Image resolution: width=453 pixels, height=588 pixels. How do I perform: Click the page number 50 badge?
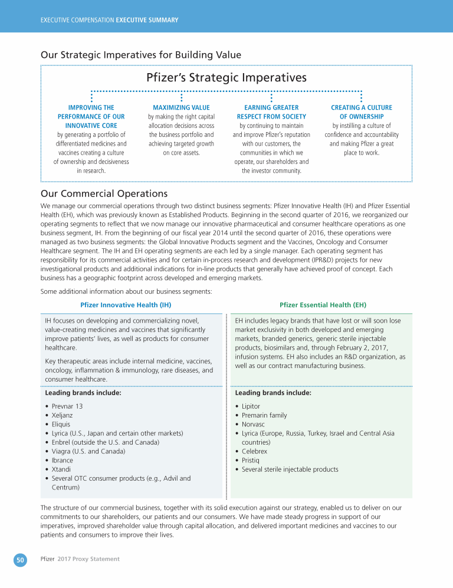[21, 559]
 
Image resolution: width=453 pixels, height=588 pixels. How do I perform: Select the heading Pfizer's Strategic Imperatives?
[226, 78]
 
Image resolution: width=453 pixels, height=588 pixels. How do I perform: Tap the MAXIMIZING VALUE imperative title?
[181, 108]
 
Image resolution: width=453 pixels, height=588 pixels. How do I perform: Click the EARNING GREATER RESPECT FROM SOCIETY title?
[271, 112]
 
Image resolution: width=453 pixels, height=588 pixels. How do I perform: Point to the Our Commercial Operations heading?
[104, 193]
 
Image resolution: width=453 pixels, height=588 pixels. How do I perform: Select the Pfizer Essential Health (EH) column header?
[323, 305]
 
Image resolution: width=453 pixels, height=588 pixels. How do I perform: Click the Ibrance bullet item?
[63, 460]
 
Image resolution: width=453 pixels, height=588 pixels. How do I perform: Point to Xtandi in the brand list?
[62, 469]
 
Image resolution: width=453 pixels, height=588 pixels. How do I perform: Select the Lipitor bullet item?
[251, 406]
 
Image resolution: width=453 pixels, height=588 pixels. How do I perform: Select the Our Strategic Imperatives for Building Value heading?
[141, 55]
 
